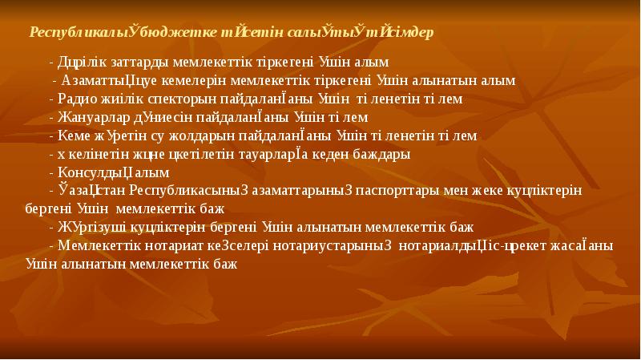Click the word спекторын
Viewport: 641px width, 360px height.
[167, 99]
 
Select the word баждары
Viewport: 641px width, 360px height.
[384, 154]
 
